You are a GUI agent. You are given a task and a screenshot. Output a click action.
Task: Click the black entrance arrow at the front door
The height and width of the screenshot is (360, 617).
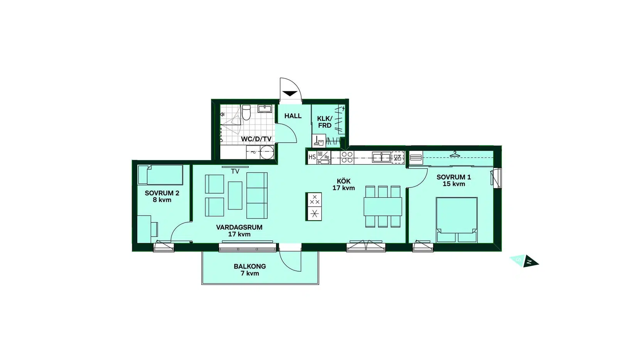[290, 94]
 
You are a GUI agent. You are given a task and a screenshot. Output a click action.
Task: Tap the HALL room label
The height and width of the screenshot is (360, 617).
[293, 116]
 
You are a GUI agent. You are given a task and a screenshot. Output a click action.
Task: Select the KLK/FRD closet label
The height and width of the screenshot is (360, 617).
[325, 122]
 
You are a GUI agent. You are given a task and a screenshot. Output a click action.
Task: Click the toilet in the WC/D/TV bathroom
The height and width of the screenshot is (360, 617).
[246, 112]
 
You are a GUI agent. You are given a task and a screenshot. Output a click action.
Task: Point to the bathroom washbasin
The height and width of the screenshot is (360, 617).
[265, 108]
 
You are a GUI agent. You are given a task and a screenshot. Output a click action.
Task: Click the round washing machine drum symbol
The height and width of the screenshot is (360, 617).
[267, 153]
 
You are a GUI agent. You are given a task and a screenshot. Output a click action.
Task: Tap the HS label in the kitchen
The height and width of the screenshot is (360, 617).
[312, 157]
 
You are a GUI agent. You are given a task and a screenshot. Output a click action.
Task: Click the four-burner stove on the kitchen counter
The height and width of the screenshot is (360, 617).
[347, 158]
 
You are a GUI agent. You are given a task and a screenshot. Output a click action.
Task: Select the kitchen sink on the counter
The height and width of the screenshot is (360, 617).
[381, 157]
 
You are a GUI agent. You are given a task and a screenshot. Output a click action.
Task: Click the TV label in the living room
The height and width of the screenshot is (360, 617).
[235, 171]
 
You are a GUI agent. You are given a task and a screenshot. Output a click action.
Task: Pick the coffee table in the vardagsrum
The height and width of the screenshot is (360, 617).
[235, 196]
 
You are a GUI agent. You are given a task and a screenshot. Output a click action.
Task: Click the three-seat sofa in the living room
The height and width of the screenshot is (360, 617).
[257, 196]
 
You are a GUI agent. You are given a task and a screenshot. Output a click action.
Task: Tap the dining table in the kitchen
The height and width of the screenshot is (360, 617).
[383, 206]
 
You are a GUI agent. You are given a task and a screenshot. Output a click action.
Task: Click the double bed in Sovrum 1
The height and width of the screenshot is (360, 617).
[457, 220]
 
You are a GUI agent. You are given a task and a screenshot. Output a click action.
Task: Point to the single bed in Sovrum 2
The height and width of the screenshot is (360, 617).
[160, 175]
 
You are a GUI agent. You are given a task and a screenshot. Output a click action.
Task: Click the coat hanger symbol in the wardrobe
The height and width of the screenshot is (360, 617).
[455, 154]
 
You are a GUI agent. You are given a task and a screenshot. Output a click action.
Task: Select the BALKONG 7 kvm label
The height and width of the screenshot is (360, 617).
[250, 270]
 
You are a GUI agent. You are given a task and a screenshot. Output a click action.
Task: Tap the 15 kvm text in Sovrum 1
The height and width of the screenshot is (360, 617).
[454, 184]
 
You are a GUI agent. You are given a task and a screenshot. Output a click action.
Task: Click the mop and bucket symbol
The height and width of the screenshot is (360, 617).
[319, 141]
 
